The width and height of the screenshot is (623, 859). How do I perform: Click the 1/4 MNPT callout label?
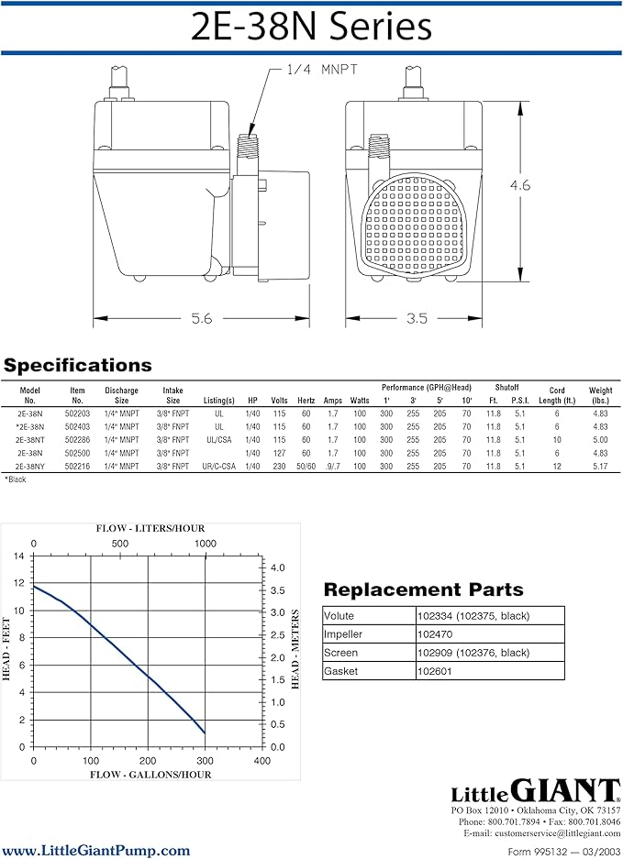pyautogui.click(x=322, y=70)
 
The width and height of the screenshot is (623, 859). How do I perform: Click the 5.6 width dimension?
pyautogui.click(x=201, y=318)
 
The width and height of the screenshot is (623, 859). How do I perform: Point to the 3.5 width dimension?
pyautogui.click(x=417, y=318)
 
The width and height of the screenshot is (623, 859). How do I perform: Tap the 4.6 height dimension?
pyautogui.click(x=520, y=185)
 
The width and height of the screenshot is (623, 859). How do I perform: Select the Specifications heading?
pyautogui.click(x=77, y=366)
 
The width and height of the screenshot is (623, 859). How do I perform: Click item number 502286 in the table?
pyautogui.click(x=77, y=440)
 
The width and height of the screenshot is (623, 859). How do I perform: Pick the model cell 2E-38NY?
pyautogui.click(x=30, y=467)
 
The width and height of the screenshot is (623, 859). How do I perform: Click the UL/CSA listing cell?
pyautogui.click(x=218, y=440)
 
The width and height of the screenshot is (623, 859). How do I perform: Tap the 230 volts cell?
pyautogui.click(x=279, y=467)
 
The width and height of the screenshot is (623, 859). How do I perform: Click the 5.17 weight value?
pyautogui.click(x=600, y=467)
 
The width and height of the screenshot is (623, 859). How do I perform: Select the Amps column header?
pyautogui.click(x=333, y=401)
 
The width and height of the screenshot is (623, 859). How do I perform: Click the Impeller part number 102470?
pyautogui.click(x=434, y=634)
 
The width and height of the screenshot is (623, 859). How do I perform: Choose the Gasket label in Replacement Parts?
pyautogui.click(x=340, y=671)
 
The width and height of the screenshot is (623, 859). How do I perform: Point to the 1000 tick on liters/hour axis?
pyautogui.click(x=206, y=544)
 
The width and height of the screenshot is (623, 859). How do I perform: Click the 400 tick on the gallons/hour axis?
pyautogui.click(x=262, y=760)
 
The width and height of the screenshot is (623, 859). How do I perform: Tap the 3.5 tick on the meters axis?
pyautogui.click(x=278, y=590)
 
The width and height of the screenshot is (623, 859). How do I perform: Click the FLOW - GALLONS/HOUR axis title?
pyautogui.click(x=150, y=775)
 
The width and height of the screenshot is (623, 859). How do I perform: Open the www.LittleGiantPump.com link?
pyautogui.click(x=96, y=850)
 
